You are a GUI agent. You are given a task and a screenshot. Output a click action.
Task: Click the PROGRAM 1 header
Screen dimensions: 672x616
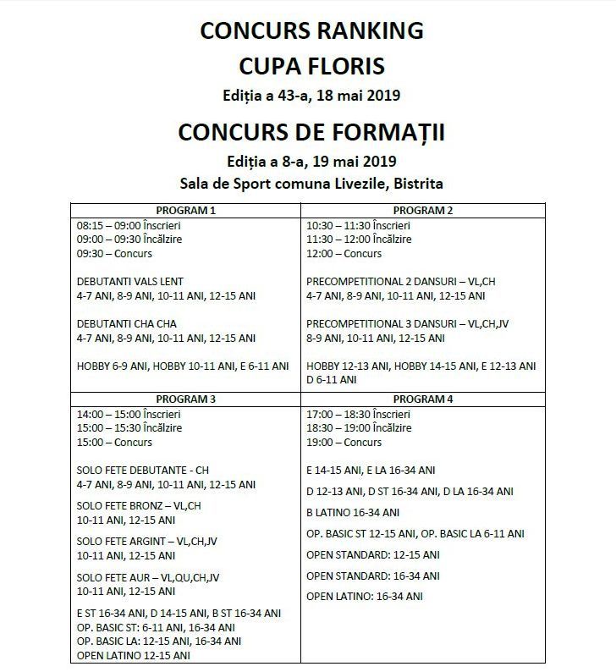tap(187, 210)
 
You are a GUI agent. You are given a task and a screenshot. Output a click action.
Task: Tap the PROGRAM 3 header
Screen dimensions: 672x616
tap(187, 399)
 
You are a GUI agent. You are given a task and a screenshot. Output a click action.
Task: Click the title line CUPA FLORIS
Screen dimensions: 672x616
tap(311, 65)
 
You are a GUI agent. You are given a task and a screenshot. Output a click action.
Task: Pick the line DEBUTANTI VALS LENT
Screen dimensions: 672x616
tap(130, 282)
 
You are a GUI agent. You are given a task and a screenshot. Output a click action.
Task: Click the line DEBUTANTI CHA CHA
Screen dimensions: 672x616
tap(126, 323)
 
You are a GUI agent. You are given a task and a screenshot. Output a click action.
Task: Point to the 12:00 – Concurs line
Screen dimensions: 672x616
tap(344, 254)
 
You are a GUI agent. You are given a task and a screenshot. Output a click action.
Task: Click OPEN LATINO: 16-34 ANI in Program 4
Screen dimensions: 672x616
tap(365, 597)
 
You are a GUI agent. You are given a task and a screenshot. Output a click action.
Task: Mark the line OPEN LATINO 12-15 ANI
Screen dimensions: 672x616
tap(134, 655)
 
